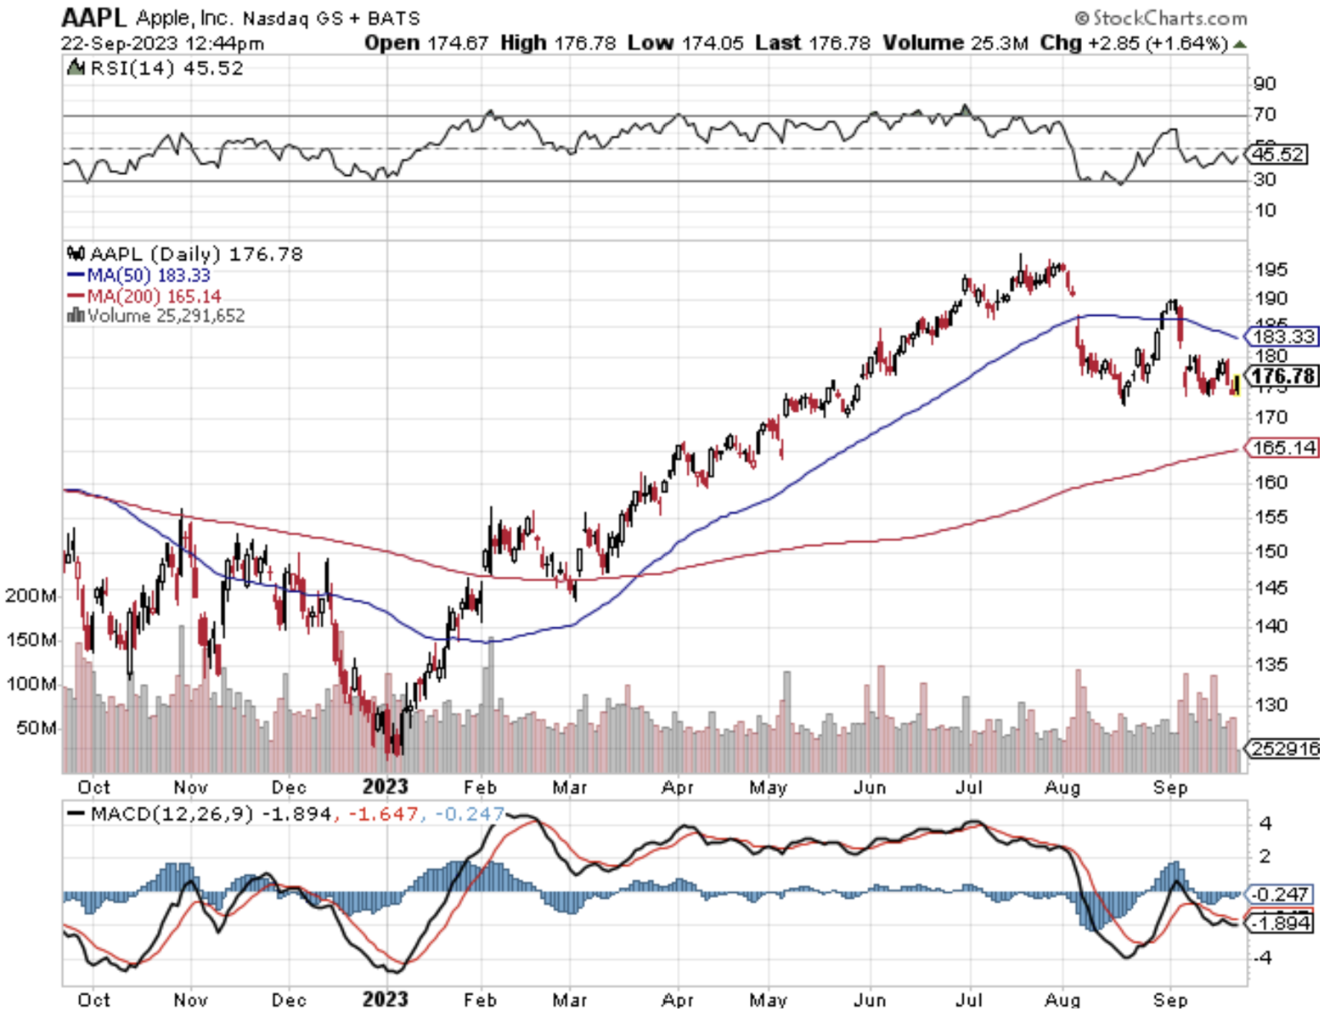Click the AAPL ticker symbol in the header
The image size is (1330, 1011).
(93, 17)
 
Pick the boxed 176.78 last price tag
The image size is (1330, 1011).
(1283, 376)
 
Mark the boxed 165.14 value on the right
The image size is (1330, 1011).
(1283, 448)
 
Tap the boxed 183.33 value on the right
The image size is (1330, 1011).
(1283, 336)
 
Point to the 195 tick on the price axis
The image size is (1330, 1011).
(1271, 270)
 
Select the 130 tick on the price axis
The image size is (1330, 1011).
(1271, 705)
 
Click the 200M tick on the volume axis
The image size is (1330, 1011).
(31, 596)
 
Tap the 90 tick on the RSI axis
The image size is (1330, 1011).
(1265, 83)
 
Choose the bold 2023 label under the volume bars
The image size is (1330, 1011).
(385, 787)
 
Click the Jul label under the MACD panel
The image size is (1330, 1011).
(969, 1000)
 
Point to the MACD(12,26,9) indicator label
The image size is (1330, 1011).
(171, 814)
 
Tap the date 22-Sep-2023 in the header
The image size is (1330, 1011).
(120, 43)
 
